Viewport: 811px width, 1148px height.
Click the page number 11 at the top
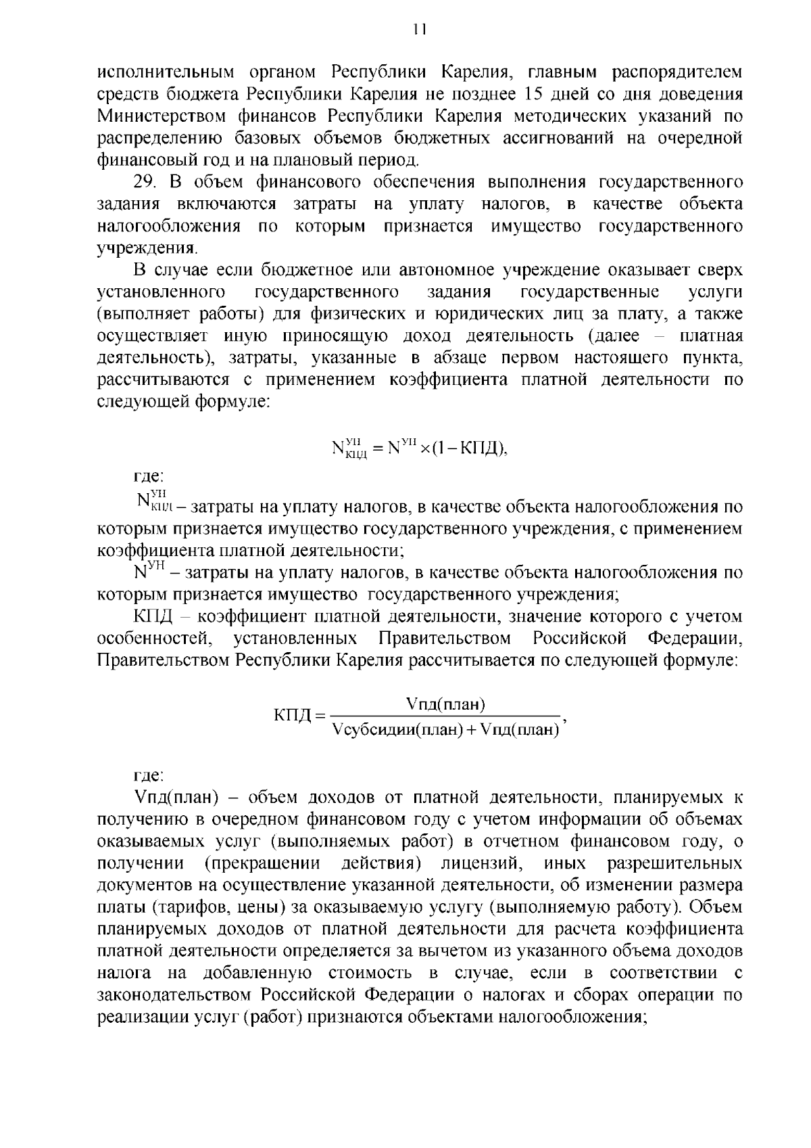point(420,29)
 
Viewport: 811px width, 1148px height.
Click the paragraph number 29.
point(145,183)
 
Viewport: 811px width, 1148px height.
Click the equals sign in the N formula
point(378,448)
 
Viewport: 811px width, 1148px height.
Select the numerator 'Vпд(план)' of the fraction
point(446,704)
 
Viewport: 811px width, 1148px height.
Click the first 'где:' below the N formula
point(148,478)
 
